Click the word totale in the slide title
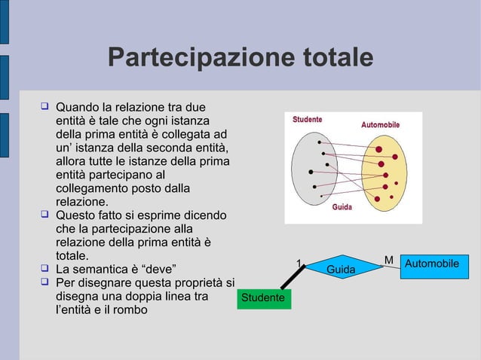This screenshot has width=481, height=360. [x=332, y=58]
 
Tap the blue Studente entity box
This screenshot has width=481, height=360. [x=262, y=298]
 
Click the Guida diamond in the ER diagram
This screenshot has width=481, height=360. [x=341, y=269]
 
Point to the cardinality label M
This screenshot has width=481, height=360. [x=389, y=260]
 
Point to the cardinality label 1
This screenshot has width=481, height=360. [x=299, y=264]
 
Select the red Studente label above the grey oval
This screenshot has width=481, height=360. [x=308, y=119]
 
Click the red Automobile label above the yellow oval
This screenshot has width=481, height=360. [x=380, y=124]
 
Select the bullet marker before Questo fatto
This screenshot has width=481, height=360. [x=44, y=216]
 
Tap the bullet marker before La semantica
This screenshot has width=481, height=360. [x=44, y=268]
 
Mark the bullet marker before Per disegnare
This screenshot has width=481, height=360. [x=44, y=282]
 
